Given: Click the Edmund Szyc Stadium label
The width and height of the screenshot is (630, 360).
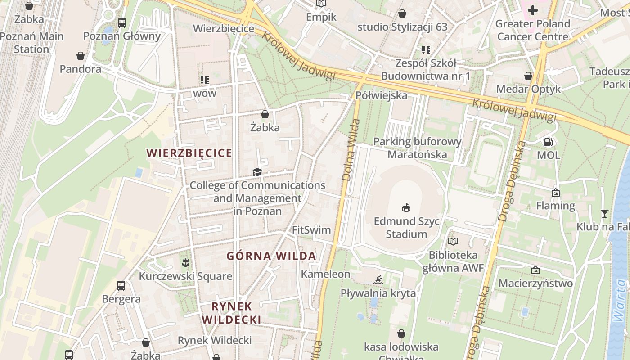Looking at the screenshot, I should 406,228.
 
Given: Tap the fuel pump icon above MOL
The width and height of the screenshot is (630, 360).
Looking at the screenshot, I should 548,142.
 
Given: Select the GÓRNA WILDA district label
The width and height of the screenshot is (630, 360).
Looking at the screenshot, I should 271,256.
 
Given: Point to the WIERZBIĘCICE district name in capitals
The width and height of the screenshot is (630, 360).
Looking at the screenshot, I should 189,153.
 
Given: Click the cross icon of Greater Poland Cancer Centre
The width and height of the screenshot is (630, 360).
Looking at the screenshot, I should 533,10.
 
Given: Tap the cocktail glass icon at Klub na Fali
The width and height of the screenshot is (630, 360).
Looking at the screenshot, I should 604,213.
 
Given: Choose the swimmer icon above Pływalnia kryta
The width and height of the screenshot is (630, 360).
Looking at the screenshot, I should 378,280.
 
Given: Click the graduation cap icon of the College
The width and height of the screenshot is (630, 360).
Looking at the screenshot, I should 257,172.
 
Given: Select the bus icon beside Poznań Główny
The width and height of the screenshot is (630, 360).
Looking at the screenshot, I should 121,22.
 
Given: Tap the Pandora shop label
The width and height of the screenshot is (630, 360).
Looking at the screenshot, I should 81,69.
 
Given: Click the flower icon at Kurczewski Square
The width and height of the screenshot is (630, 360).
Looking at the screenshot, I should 185,262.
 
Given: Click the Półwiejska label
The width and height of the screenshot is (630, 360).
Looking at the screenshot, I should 381,95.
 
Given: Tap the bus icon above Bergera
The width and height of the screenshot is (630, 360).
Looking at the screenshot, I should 121,285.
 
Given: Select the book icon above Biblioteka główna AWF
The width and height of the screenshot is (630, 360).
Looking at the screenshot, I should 453,242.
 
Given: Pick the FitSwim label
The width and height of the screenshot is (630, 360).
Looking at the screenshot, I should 311,230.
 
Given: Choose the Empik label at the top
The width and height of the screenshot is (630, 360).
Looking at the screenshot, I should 321,17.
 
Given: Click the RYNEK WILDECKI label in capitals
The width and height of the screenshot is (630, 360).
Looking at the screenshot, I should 231,313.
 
